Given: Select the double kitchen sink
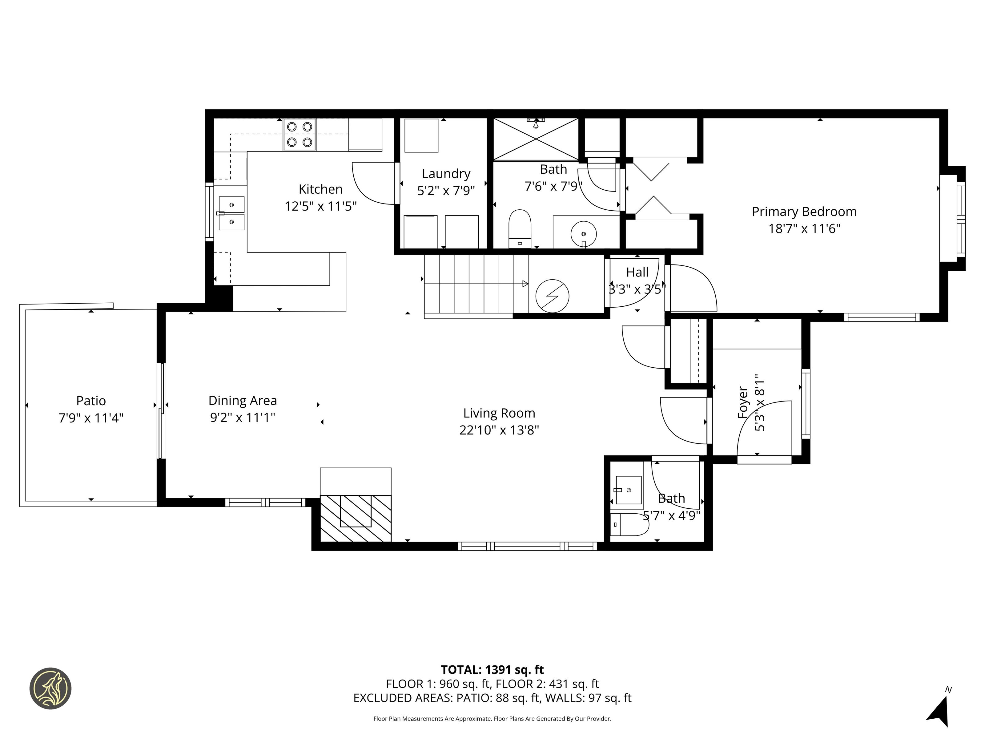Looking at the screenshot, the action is [231, 213].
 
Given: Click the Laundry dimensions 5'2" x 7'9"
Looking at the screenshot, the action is [446, 191].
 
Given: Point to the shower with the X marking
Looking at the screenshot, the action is [536, 139].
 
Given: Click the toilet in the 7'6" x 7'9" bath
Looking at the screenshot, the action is [520, 228].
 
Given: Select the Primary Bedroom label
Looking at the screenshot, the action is [804, 212].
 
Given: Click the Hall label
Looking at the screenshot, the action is [637, 272].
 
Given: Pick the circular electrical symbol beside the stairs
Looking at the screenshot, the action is [552, 296].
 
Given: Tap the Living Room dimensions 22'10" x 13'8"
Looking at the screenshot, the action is [499, 430].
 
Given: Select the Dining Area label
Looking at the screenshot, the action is [243, 401].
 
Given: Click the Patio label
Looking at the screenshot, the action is [91, 401].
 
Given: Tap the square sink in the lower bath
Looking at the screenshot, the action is [628, 490].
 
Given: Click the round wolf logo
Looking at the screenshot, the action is [50, 688].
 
